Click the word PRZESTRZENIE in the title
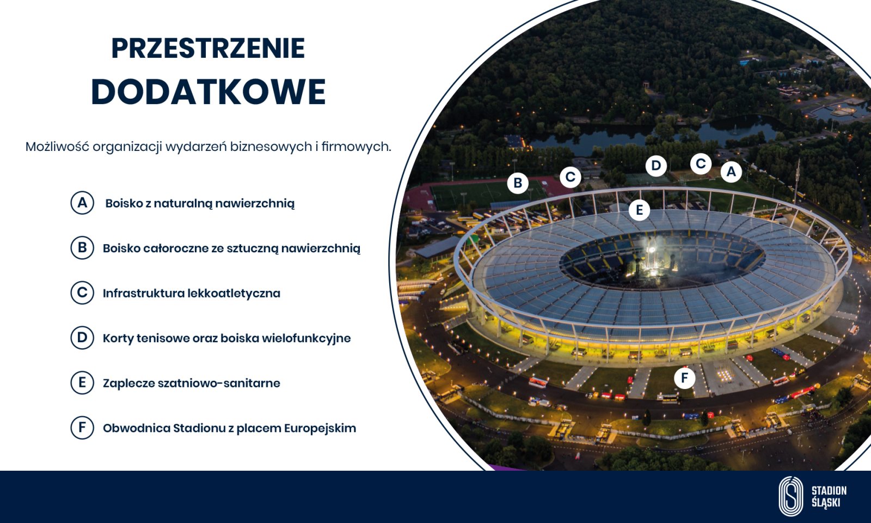[208, 48]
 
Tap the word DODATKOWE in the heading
[208, 92]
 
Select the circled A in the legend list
[82, 203]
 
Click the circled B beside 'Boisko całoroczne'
[82, 248]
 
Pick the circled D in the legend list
[82, 338]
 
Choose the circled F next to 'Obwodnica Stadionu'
[82, 428]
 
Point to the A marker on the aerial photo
[731, 172]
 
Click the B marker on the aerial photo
[518, 183]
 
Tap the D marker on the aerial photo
[656, 166]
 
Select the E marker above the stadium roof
[640, 210]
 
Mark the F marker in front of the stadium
[684, 378]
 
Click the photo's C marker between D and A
[701, 164]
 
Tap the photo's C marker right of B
[571, 177]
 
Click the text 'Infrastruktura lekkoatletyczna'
[191, 293]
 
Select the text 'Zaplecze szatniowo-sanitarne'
[191, 383]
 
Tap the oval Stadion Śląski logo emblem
[790, 496]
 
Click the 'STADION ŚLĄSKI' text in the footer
[829, 496]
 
